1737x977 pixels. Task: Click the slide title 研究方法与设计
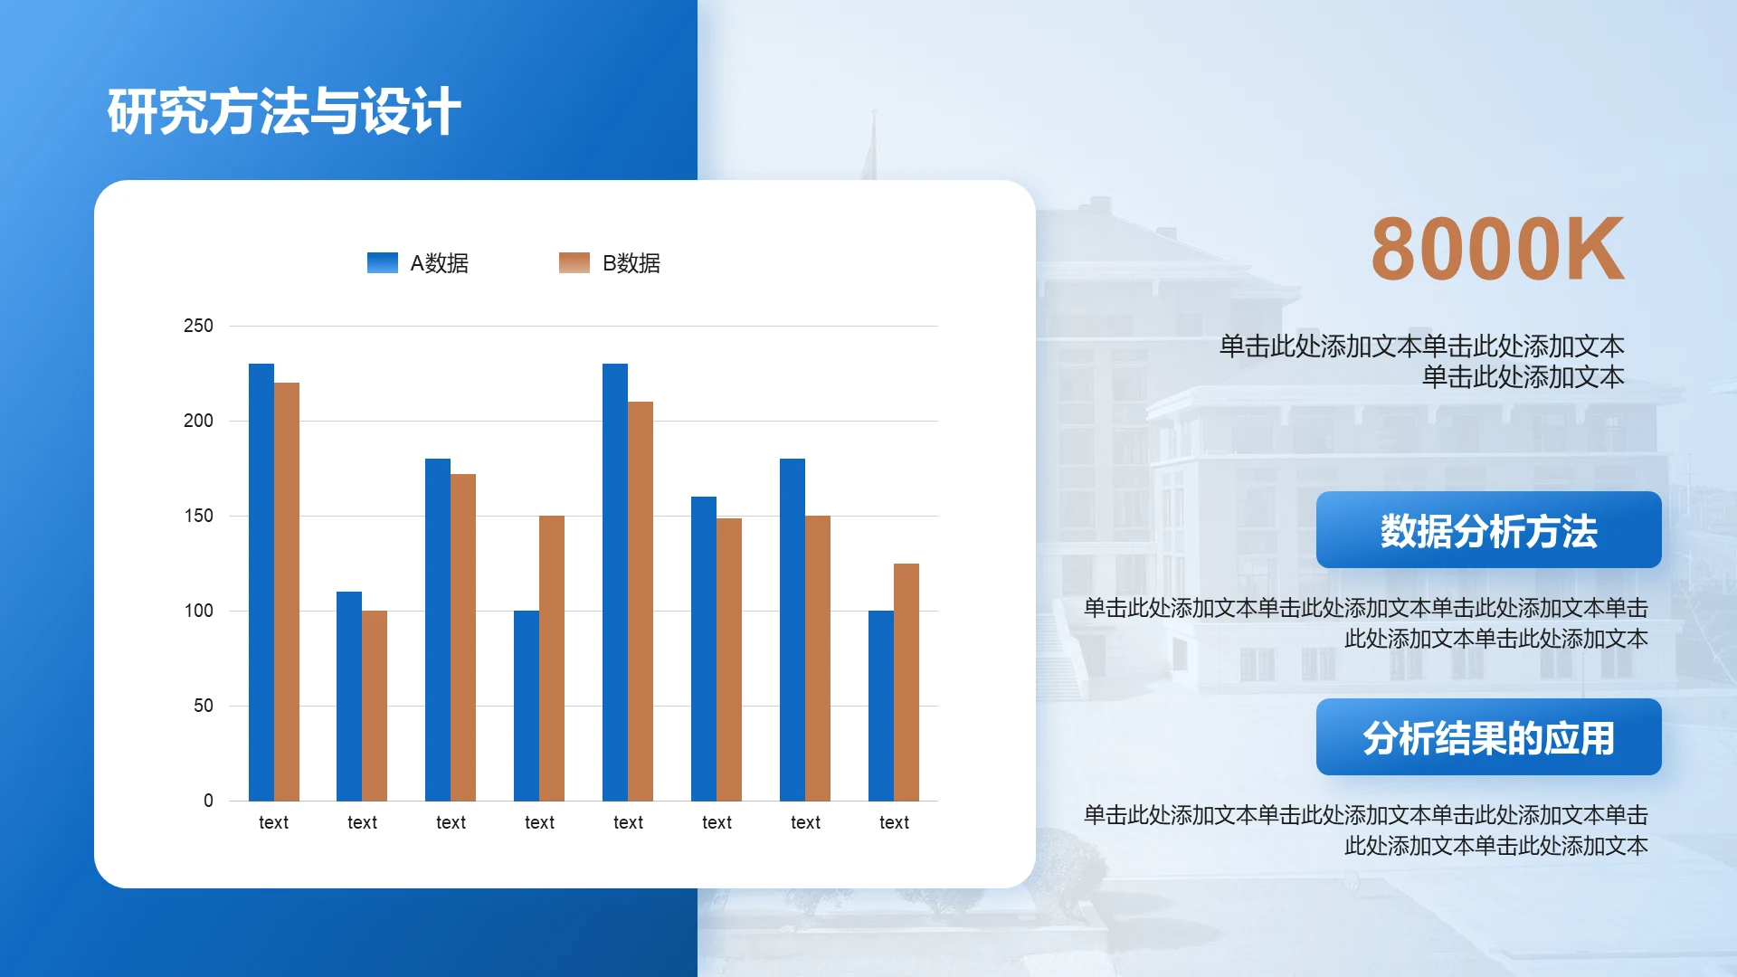point(284,112)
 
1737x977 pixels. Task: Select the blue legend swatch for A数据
point(383,262)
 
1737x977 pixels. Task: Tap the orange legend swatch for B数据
point(574,262)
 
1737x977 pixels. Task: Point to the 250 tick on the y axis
point(198,326)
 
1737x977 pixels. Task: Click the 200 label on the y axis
point(198,421)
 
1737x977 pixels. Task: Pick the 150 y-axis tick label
point(198,516)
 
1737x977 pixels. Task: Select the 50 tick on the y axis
point(204,706)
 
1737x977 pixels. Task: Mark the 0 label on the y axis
point(208,801)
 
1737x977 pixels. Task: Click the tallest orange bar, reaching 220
point(287,592)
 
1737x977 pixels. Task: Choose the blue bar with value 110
point(349,697)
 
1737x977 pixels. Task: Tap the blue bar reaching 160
point(704,649)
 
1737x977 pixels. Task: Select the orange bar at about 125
point(906,682)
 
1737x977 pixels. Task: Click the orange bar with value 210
point(641,602)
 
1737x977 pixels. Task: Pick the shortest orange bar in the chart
point(375,706)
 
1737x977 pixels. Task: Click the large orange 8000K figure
point(1498,249)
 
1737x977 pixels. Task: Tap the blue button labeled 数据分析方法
point(1489,530)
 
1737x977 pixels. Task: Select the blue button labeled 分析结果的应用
point(1489,737)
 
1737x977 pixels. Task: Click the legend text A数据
point(440,263)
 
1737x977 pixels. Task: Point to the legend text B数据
point(631,263)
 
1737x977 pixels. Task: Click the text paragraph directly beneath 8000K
point(1422,361)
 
